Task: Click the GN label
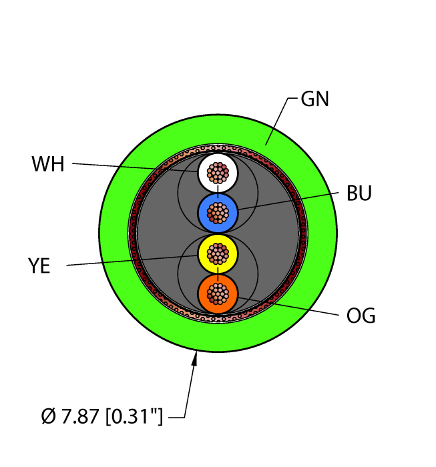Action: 314,99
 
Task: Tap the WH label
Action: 48,164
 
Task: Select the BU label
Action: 359,193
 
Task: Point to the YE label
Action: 39,266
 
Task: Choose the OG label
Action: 361,316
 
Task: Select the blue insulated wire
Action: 218,213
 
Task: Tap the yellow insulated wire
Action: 218,254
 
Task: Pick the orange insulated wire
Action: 218,294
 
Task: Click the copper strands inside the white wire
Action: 218,173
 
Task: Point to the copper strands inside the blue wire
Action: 218,213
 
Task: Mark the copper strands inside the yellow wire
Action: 218,254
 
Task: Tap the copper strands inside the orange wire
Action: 218,294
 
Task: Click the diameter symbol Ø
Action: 48,416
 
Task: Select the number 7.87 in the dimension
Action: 80,416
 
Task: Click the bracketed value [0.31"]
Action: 134,416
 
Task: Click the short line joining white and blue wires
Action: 218,192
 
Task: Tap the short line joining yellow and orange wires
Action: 218,274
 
